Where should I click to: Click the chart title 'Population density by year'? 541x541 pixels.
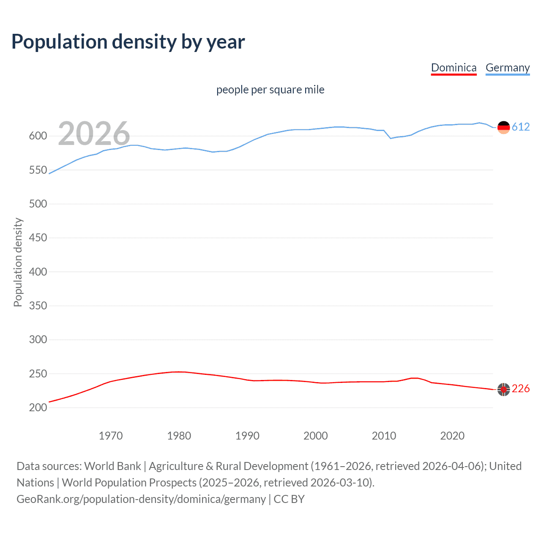(x=128, y=42)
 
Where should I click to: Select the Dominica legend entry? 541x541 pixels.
(x=454, y=68)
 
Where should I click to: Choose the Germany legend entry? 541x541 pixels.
(x=507, y=68)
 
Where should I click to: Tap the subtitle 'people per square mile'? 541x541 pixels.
(x=270, y=90)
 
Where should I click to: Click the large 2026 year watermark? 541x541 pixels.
(x=94, y=134)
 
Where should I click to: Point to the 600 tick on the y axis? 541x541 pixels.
(x=38, y=136)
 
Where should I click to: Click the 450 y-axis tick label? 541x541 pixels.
(x=38, y=238)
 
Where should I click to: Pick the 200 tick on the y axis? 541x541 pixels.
(x=38, y=407)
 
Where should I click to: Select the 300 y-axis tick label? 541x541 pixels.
(x=38, y=339)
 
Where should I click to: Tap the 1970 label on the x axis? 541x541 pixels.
(x=111, y=436)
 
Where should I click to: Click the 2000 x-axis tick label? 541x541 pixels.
(x=316, y=436)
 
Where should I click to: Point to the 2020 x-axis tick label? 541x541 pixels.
(x=452, y=436)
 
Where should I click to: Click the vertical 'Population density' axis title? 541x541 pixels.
(x=18, y=262)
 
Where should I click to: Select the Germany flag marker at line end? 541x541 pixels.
(x=503, y=127)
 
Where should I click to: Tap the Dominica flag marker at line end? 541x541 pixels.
(x=503, y=389)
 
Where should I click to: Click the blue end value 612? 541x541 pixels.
(x=521, y=127)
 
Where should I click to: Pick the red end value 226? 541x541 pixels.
(x=521, y=388)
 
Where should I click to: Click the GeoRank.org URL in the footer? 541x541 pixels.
(x=141, y=499)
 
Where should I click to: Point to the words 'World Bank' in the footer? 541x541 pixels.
(x=112, y=466)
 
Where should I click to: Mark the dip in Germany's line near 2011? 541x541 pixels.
(x=391, y=138)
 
